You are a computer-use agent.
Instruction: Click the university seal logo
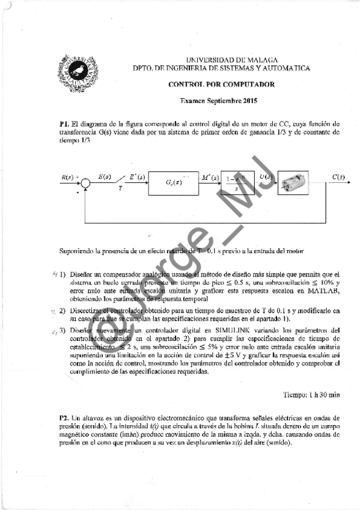77,70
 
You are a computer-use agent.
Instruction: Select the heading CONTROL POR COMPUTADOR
222,85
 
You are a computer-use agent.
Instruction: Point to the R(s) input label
69,177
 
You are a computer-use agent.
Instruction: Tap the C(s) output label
338,177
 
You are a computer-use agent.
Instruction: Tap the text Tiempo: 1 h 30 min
311,395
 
